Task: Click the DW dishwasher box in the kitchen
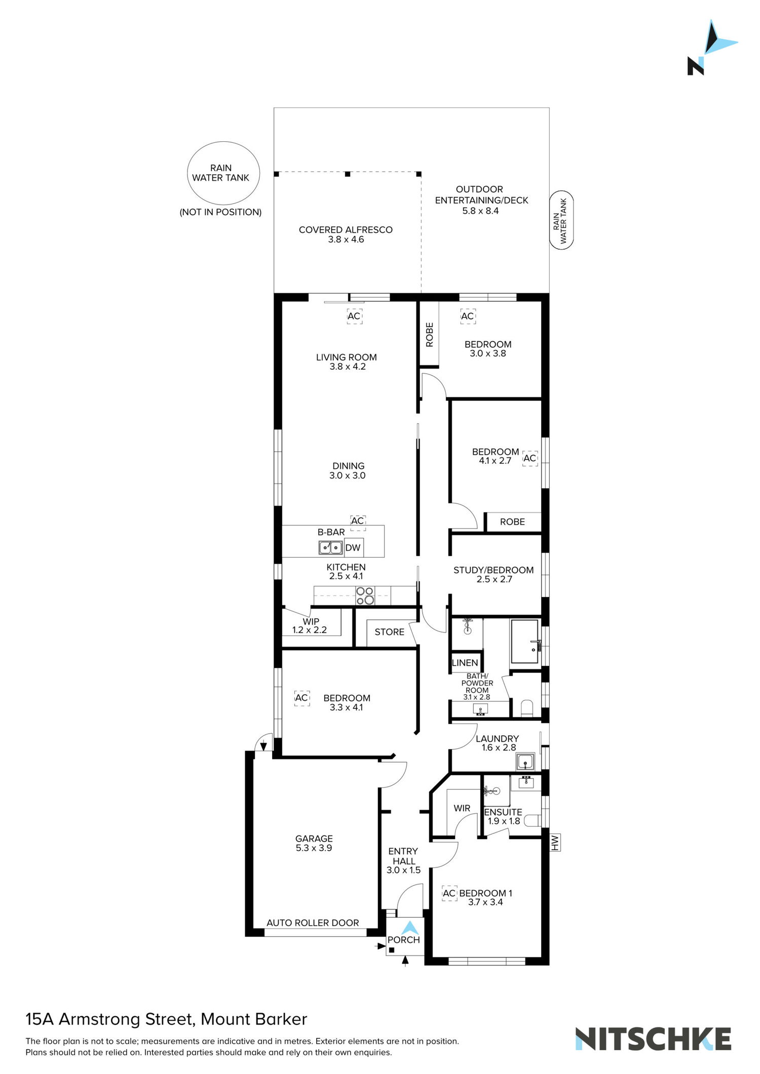(353, 547)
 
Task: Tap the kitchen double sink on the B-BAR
(330, 547)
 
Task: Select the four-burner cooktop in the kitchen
(365, 595)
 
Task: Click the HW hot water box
(555, 843)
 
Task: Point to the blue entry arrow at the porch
(410, 928)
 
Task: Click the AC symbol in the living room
(354, 316)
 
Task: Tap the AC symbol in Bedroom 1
(449, 893)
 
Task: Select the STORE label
(389, 632)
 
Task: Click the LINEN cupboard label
(465, 663)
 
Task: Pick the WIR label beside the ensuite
(462, 808)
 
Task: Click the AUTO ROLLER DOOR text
(313, 923)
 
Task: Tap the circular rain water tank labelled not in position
(223, 173)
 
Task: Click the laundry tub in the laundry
(525, 762)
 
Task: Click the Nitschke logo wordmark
(653, 1039)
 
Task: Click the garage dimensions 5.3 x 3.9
(314, 848)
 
